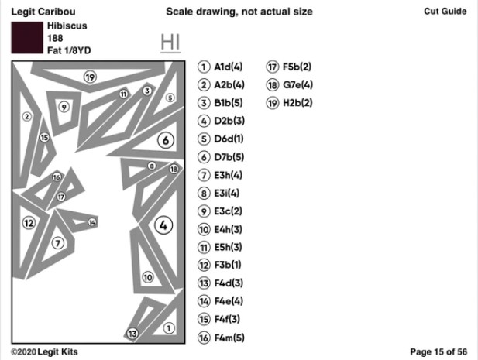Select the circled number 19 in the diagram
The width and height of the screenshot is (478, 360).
(x=90, y=77)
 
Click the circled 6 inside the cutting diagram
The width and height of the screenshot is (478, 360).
(x=165, y=140)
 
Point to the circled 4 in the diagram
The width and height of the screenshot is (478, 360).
(x=163, y=225)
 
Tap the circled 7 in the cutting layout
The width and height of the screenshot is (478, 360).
(x=57, y=242)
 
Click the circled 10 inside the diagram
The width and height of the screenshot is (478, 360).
(x=148, y=277)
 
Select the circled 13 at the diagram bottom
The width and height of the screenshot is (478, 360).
(x=132, y=334)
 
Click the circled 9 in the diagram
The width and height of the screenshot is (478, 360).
(x=64, y=107)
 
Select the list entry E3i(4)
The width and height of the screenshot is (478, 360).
(x=221, y=194)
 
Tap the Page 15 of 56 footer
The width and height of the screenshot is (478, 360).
(x=438, y=352)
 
